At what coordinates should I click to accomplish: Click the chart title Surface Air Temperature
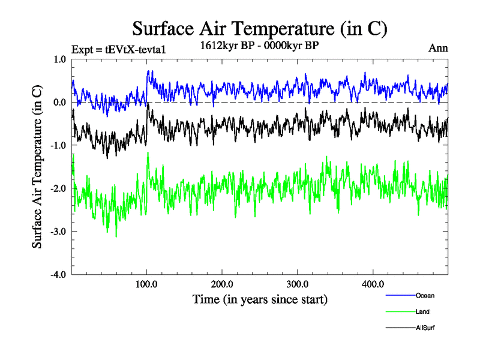click(259, 28)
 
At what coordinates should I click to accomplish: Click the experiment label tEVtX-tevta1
click(118, 49)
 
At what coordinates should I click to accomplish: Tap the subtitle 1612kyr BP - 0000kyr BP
click(259, 44)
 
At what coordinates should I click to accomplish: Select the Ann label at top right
click(438, 48)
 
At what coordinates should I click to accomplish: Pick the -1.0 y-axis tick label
click(59, 146)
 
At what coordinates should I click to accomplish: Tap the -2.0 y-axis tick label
click(59, 189)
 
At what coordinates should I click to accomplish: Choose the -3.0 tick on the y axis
click(59, 232)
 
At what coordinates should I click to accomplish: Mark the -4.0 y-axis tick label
click(59, 275)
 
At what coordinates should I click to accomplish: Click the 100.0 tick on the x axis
click(147, 284)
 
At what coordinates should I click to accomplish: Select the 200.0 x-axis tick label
click(222, 284)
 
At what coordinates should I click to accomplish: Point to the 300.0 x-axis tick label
click(298, 284)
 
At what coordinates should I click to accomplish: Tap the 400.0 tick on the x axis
click(373, 284)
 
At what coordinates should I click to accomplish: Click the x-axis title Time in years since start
click(260, 299)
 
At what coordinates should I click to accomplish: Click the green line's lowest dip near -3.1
click(116, 236)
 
